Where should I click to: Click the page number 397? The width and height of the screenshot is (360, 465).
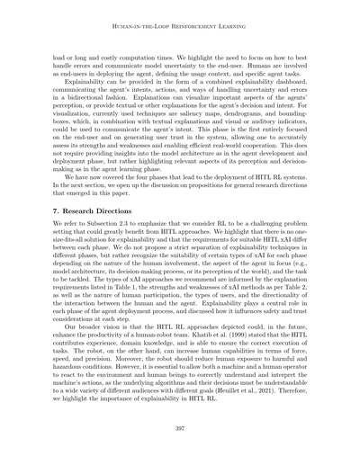(180, 431)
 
